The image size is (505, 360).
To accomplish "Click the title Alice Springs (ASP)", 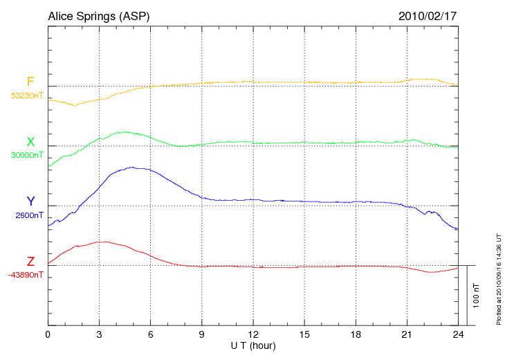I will click(x=98, y=16).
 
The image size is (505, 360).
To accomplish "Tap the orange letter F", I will click(x=30, y=82).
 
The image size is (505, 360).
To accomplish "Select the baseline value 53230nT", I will click(x=28, y=96).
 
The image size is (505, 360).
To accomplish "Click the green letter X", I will click(x=30, y=143).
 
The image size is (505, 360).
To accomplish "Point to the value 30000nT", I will click(x=28, y=156).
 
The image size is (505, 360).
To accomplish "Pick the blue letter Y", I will click(x=30, y=201).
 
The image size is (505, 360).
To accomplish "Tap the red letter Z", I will click(x=30, y=262).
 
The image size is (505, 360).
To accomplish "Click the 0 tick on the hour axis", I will click(x=48, y=334).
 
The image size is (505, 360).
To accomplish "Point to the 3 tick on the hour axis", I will click(x=99, y=334).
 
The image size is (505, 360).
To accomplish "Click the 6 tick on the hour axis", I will click(x=150, y=334).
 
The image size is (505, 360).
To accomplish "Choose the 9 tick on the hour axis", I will click(x=201, y=334).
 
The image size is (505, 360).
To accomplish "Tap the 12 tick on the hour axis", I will click(x=253, y=334).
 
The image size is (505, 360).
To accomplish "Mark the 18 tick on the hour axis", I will click(x=356, y=334).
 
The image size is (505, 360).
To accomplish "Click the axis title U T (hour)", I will click(x=252, y=345).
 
